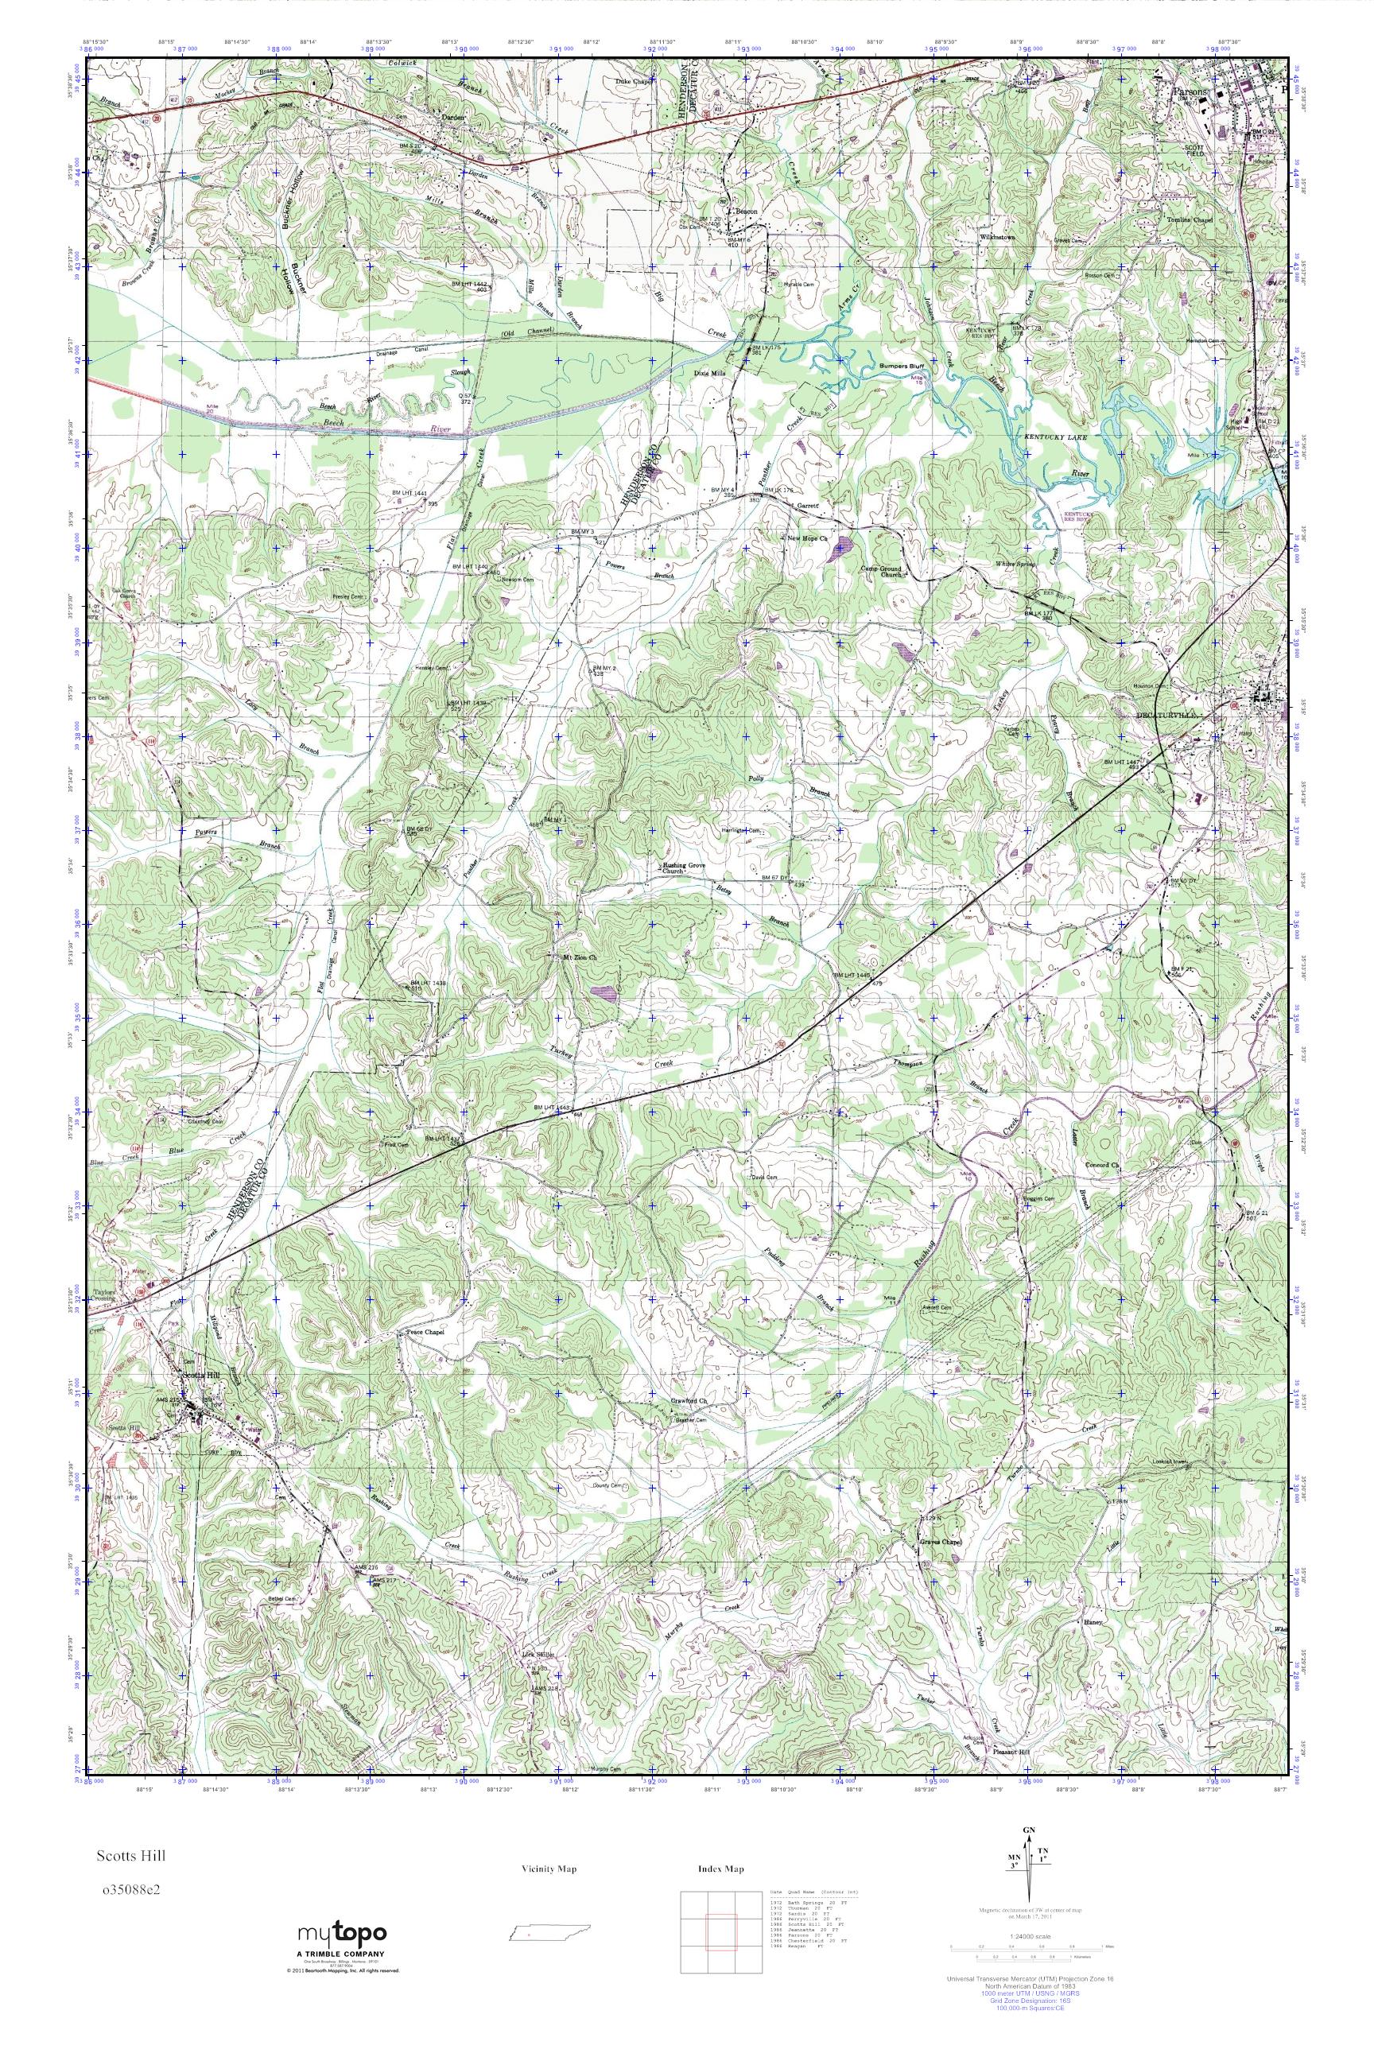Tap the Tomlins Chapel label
click(1188, 220)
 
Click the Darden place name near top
click(452, 115)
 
